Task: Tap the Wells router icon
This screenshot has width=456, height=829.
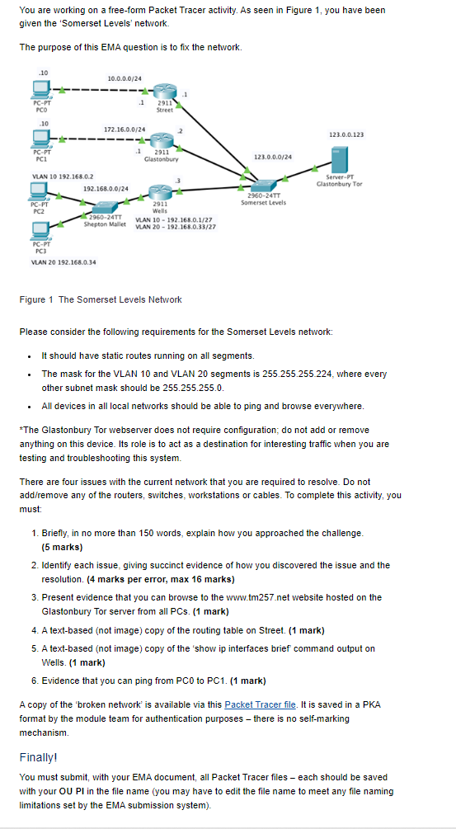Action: [161, 190]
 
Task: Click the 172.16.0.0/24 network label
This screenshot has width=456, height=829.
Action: [125, 130]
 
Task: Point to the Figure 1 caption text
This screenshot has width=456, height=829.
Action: [101, 299]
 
